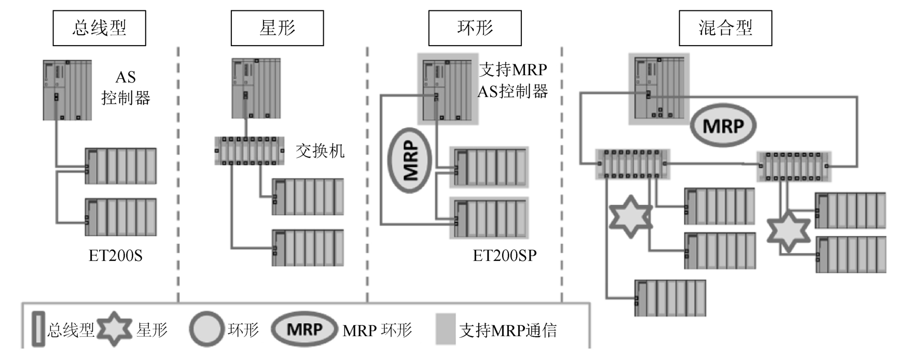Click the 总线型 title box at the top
[99, 28]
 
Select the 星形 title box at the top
[277, 28]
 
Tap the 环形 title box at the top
[475, 28]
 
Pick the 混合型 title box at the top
[725, 28]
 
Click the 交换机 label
[320, 151]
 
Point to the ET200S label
[115, 256]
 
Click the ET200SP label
[504, 256]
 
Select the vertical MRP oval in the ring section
[410, 160]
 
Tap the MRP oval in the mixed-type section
[723, 126]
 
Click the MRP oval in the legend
[305, 329]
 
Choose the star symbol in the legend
[115, 329]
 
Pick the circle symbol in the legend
[206, 329]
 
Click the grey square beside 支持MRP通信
[445, 329]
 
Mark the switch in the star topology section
[250, 151]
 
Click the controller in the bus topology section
[67, 90]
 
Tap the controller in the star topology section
[256, 89]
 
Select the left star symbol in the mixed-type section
[630, 216]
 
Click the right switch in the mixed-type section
[794, 166]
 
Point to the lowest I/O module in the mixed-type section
[670, 298]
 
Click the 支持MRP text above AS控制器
[513, 70]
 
